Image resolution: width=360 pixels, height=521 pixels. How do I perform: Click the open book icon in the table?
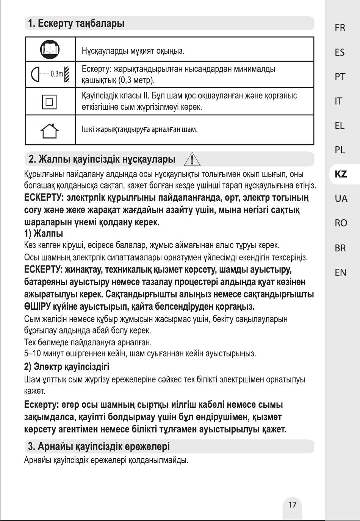click(50, 49)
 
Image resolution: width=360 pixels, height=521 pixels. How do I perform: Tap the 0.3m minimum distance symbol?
click(50, 74)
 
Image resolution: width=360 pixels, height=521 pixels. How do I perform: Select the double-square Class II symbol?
click(50, 101)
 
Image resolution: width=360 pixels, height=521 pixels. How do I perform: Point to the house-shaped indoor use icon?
click(50, 130)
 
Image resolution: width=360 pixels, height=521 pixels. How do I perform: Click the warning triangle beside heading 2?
click(192, 159)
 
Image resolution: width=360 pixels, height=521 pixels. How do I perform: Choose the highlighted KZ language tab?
click(341, 174)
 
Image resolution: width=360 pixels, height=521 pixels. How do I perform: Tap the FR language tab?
click(340, 28)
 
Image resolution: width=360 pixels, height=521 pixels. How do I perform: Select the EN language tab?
click(340, 272)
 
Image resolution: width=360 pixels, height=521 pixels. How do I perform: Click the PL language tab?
click(340, 150)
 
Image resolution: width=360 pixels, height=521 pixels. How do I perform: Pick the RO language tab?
click(341, 223)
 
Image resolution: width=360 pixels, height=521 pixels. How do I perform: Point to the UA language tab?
click(341, 198)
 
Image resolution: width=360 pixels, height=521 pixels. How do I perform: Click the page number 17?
click(292, 504)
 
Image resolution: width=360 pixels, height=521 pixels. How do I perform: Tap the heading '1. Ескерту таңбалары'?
click(76, 23)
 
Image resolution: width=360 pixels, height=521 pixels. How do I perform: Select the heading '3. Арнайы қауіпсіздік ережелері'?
click(99, 446)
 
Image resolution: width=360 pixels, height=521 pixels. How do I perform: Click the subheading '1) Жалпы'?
click(44, 233)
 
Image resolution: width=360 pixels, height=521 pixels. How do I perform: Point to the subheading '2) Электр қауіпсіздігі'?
click(67, 367)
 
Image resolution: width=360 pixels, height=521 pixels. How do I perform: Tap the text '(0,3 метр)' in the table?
click(137, 80)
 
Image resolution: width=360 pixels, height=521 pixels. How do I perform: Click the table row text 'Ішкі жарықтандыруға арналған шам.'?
click(139, 129)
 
